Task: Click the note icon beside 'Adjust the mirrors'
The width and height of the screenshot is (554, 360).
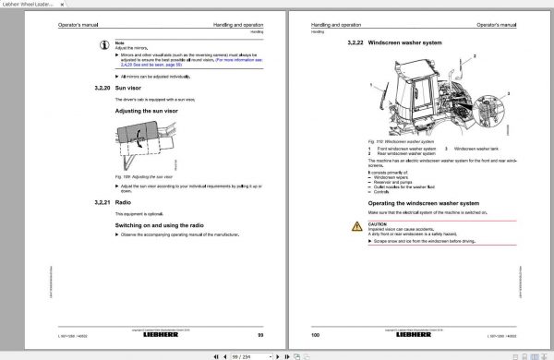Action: [106, 42]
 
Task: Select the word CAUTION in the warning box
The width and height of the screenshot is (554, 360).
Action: [378, 222]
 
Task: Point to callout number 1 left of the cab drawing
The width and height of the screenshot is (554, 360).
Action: [374, 85]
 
